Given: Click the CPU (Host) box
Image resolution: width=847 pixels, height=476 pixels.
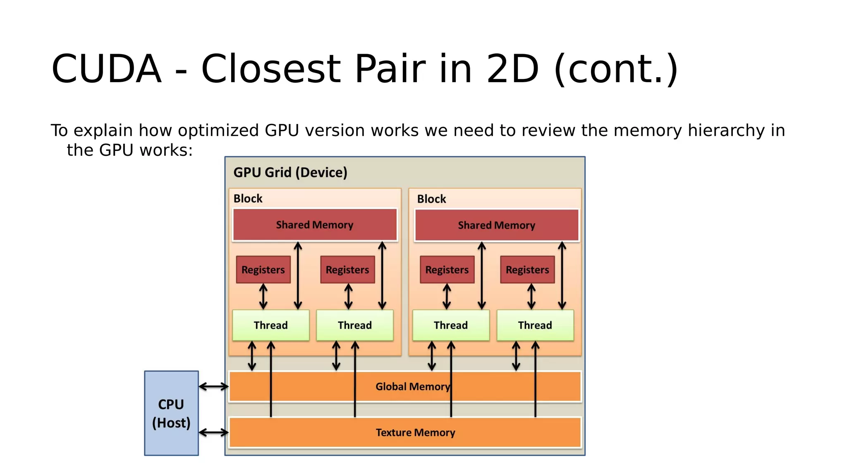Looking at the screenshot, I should pyautogui.click(x=171, y=413).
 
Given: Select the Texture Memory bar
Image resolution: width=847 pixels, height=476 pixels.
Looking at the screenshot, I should pyautogui.click(x=415, y=433).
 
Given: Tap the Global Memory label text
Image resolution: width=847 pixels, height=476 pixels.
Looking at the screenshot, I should pyautogui.click(x=412, y=387).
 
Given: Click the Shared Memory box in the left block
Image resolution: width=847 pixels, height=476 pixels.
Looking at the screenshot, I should pyautogui.click(x=315, y=225).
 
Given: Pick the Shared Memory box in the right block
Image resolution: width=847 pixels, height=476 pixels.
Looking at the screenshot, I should pyautogui.click(x=496, y=225).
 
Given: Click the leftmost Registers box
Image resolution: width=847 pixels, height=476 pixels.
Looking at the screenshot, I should pyautogui.click(x=263, y=270).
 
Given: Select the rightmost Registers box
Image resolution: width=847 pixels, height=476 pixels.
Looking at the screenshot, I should pyautogui.click(x=527, y=270).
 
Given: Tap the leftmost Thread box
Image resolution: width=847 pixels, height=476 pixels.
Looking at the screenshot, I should pyautogui.click(x=270, y=326).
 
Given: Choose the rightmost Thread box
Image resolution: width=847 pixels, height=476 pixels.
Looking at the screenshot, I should pyautogui.click(x=535, y=326).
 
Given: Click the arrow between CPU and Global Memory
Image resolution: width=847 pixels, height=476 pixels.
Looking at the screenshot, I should pyautogui.click(x=213, y=387).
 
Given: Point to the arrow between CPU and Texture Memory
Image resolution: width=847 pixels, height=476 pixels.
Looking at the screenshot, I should pyautogui.click(x=213, y=433).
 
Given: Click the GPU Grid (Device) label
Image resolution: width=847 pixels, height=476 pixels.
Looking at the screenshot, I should pyautogui.click(x=290, y=172).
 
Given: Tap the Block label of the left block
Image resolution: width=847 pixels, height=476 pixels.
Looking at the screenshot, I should pyautogui.click(x=248, y=199).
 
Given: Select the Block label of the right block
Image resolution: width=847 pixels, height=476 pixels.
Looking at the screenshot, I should pyautogui.click(x=431, y=199).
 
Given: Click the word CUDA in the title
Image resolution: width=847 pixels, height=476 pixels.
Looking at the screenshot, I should pyautogui.click(x=106, y=69).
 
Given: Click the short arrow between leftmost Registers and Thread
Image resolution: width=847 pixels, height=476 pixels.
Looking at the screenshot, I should pyautogui.click(x=263, y=297).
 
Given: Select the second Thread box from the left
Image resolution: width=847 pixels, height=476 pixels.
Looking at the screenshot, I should pyautogui.click(x=354, y=326).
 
